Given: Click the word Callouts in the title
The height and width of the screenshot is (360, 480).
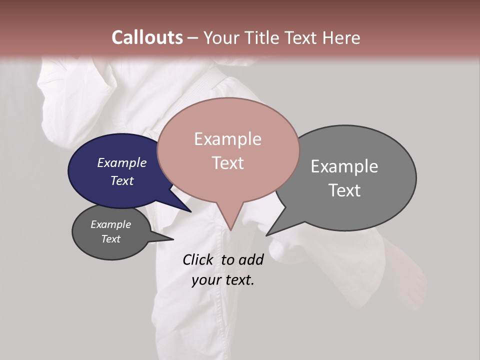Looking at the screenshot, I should [x=147, y=37].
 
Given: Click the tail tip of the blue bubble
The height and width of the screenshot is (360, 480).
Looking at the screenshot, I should [x=190, y=211].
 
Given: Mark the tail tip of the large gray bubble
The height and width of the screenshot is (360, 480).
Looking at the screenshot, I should [x=266, y=235].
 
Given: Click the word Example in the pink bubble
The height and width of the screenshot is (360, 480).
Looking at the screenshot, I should [x=227, y=139].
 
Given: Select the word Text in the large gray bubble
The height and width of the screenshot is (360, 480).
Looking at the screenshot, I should [x=344, y=190].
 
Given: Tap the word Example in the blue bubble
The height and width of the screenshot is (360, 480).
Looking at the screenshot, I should [x=121, y=163].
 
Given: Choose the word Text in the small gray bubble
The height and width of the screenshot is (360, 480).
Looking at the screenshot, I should [x=110, y=239].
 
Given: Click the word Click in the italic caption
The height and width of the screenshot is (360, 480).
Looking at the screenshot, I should [x=199, y=259].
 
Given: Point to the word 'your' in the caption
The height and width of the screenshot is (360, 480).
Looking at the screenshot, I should [x=206, y=280].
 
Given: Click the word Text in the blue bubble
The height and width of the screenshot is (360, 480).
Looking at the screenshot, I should [x=121, y=180].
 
